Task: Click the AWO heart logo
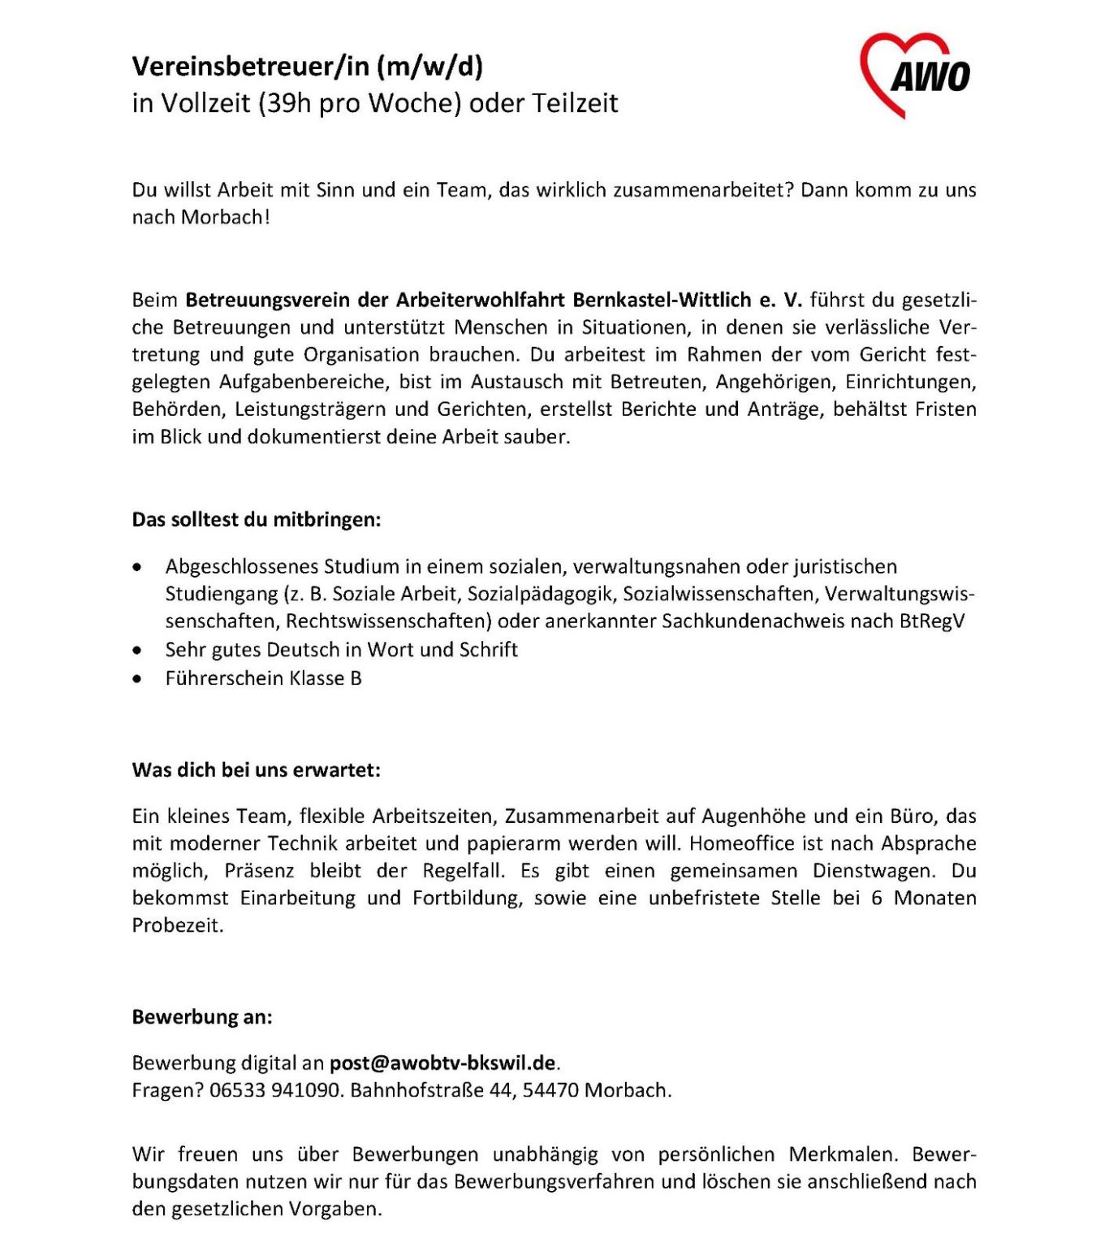914,75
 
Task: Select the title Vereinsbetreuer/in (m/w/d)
307,66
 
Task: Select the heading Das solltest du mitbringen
256,520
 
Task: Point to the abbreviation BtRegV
932,621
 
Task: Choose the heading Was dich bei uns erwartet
256,770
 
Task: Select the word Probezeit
177,926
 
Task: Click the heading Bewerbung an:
202,1017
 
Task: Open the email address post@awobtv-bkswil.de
443,1063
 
